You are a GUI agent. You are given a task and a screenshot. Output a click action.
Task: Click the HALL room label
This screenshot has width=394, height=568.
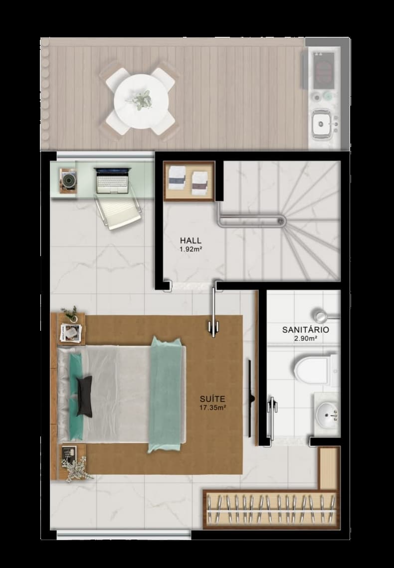191,241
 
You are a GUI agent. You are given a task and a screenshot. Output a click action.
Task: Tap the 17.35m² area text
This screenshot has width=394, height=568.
212,407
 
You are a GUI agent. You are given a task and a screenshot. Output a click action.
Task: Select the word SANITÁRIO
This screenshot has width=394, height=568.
306,330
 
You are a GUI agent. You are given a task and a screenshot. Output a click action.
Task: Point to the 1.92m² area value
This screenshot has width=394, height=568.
191,249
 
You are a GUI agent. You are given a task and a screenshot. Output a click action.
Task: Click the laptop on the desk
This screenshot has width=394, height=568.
112,180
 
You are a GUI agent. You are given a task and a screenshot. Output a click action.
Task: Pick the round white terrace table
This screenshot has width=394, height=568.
141,101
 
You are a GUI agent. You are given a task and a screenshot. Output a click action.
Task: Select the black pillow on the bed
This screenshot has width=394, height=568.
84,396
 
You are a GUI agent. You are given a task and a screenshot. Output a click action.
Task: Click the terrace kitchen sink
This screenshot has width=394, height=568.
322,124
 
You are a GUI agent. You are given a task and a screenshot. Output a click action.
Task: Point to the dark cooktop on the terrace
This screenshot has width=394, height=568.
323,70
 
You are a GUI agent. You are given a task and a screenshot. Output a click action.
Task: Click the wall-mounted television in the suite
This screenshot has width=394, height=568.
250,398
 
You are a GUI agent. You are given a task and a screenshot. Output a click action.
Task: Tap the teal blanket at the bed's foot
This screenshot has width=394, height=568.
165,395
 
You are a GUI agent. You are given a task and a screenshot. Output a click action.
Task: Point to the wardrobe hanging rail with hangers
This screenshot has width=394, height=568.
271,509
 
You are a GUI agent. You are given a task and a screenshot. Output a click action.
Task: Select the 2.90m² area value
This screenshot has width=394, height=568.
306,339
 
